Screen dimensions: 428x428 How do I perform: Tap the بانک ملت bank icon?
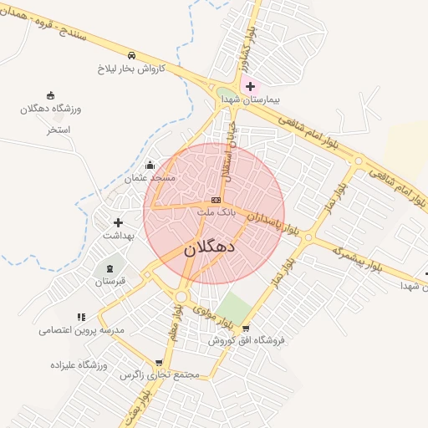(216, 201)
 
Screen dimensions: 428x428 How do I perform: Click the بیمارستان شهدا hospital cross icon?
(249, 86)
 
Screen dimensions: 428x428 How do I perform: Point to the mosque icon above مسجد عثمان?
(150, 165)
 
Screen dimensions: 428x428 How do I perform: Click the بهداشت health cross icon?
(118, 223)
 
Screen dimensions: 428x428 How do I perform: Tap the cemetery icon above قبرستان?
(110, 267)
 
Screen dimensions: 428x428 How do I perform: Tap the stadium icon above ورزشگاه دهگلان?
(50, 95)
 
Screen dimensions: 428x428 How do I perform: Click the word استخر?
(58, 130)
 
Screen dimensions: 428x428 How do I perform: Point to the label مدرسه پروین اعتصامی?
(81, 330)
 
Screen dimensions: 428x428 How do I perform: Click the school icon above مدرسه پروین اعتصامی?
(81, 317)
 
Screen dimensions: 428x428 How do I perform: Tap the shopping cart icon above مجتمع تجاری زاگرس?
(159, 363)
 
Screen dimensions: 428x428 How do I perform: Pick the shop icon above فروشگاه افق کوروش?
(245, 328)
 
